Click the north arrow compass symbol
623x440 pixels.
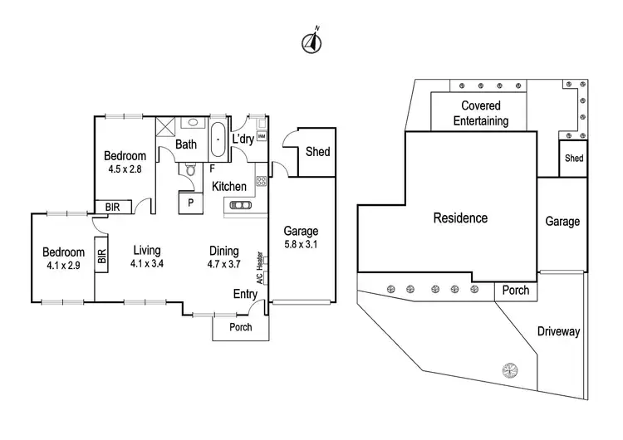312,42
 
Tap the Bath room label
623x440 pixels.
185,144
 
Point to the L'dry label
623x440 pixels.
243,138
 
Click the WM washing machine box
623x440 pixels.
261,136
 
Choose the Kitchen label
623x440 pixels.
229,187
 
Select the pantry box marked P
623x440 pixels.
190,201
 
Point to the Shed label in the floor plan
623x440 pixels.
317,152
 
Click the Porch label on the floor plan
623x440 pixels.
240,327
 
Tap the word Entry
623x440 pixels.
244,294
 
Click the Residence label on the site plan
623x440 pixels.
460,218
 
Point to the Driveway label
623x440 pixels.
557,331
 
